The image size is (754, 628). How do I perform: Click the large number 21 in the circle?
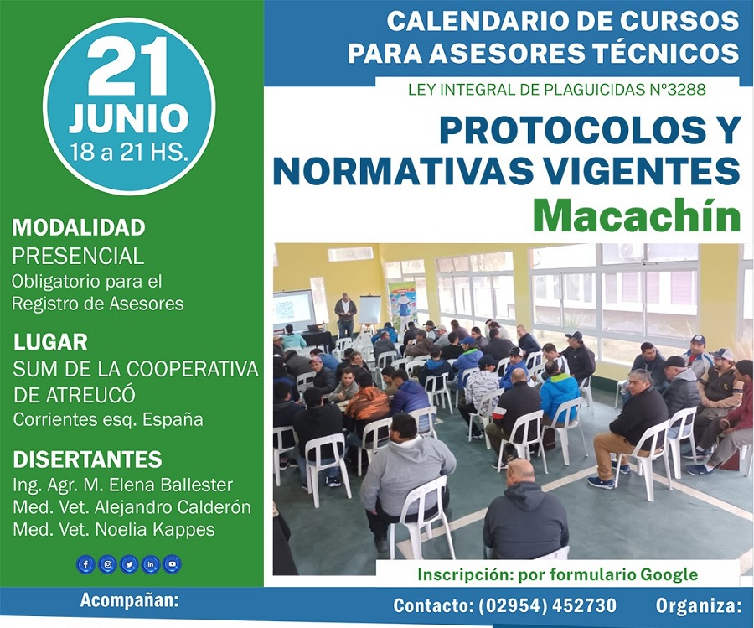[128, 66]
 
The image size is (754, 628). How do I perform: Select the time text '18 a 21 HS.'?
[128, 152]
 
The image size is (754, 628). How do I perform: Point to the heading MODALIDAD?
[79, 227]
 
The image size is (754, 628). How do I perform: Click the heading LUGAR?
[50, 343]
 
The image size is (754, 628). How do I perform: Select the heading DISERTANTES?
[87, 459]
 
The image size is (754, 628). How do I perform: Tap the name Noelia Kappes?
[155, 529]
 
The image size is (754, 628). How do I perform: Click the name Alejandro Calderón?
[173, 506]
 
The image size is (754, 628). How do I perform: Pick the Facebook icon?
[86, 564]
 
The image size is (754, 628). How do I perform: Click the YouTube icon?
[173, 564]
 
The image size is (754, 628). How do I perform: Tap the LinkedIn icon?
[151, 564]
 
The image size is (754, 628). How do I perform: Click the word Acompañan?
[129, 601]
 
